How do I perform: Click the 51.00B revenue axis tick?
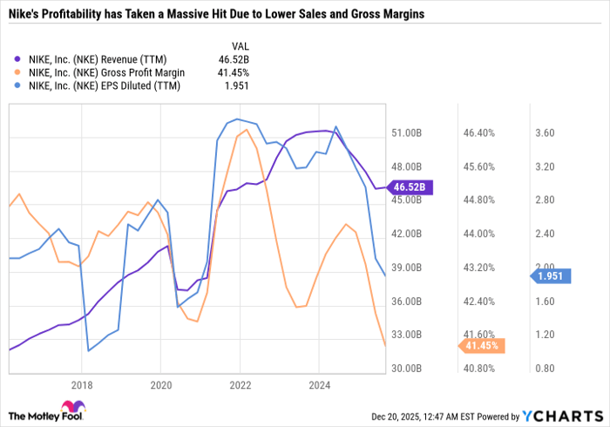[x=407, y=133]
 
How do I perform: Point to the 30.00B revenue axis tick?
[x=407, y=369]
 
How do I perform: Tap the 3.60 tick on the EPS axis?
[x=546, y=133]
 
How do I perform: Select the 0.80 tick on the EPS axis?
[x=546, y=369]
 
